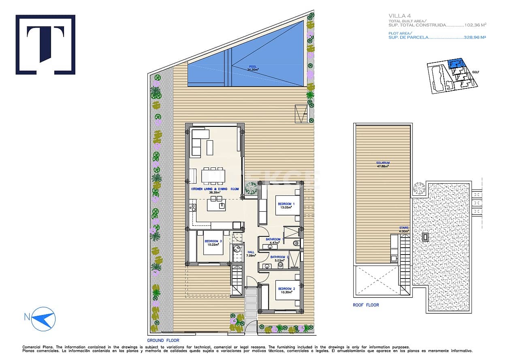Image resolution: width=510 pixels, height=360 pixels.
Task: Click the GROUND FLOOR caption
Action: pyautogui.click(x=163, y=341)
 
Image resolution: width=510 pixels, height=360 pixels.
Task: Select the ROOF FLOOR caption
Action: pyautogui.click(x=366, y=305)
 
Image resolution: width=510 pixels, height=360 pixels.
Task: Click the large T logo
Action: pyautogui.click(x=45, y=45)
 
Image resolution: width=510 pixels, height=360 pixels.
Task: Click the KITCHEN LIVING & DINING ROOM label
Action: pyautogui.click(x=215, y=191)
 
